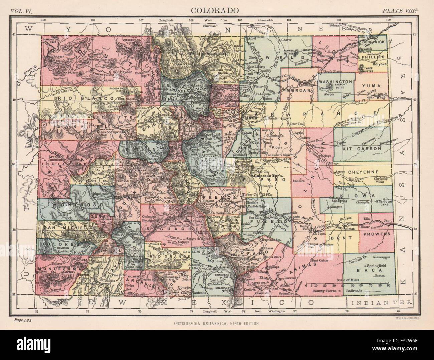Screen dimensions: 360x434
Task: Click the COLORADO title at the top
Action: [x=215, y=10]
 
